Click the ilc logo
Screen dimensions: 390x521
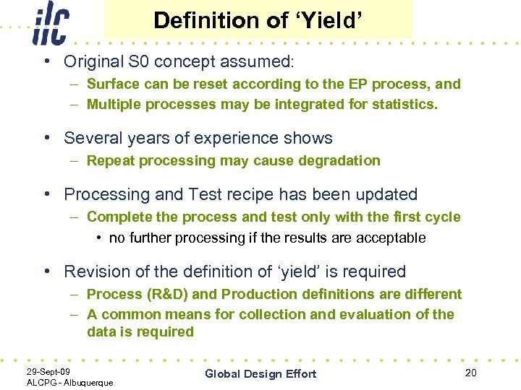click(x=51, y=23)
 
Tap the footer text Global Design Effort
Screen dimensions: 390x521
click(x=260, y=373)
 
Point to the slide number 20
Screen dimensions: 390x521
click(x=471, y=372)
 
